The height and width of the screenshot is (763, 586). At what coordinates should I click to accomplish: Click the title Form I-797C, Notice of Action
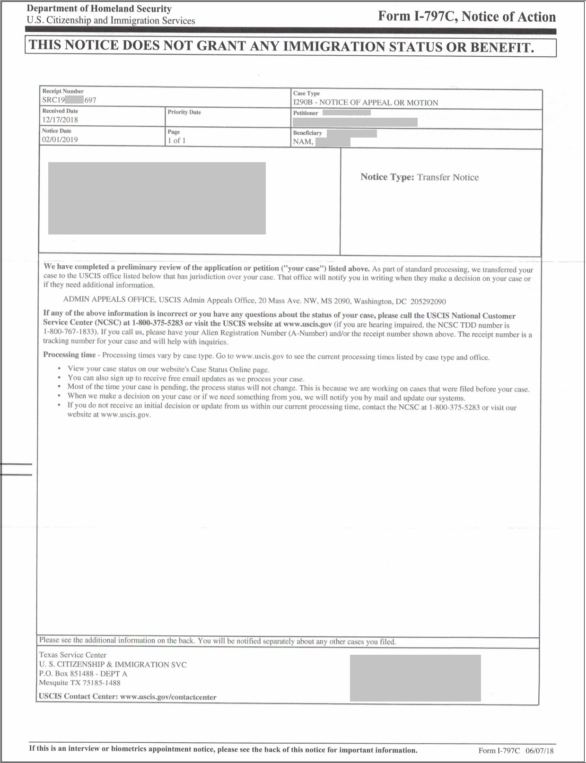(466, 17)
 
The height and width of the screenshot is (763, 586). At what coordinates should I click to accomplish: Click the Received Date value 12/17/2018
(60, 120)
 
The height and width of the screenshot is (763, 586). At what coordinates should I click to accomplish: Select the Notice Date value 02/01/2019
(60, 140)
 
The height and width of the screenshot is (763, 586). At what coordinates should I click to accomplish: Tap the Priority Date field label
(184, 113)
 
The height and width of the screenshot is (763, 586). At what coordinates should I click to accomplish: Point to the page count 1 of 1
(176, 141)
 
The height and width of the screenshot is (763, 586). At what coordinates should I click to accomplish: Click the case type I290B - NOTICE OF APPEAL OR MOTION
(365, 103)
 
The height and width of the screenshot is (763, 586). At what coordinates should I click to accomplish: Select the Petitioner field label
(306, 113)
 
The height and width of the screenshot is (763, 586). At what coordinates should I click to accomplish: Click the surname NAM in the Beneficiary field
(303, 142)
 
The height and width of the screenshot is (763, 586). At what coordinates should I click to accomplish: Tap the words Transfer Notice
(447, 177)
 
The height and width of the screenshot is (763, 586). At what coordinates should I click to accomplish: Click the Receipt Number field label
(63, 91)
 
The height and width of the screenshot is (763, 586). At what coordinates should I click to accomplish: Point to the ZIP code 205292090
(428, 302)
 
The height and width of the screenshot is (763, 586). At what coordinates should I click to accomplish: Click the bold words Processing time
(69, 355)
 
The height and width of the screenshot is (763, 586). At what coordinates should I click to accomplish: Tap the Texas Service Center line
(73, 655)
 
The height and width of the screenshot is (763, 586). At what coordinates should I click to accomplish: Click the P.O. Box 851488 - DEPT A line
(83, 674)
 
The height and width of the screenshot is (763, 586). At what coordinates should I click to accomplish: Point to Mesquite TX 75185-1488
(79, 683)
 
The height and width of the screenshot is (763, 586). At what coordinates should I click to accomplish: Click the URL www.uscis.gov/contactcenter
(168, 697)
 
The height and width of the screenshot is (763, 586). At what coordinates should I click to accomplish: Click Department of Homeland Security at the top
(99, 9)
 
